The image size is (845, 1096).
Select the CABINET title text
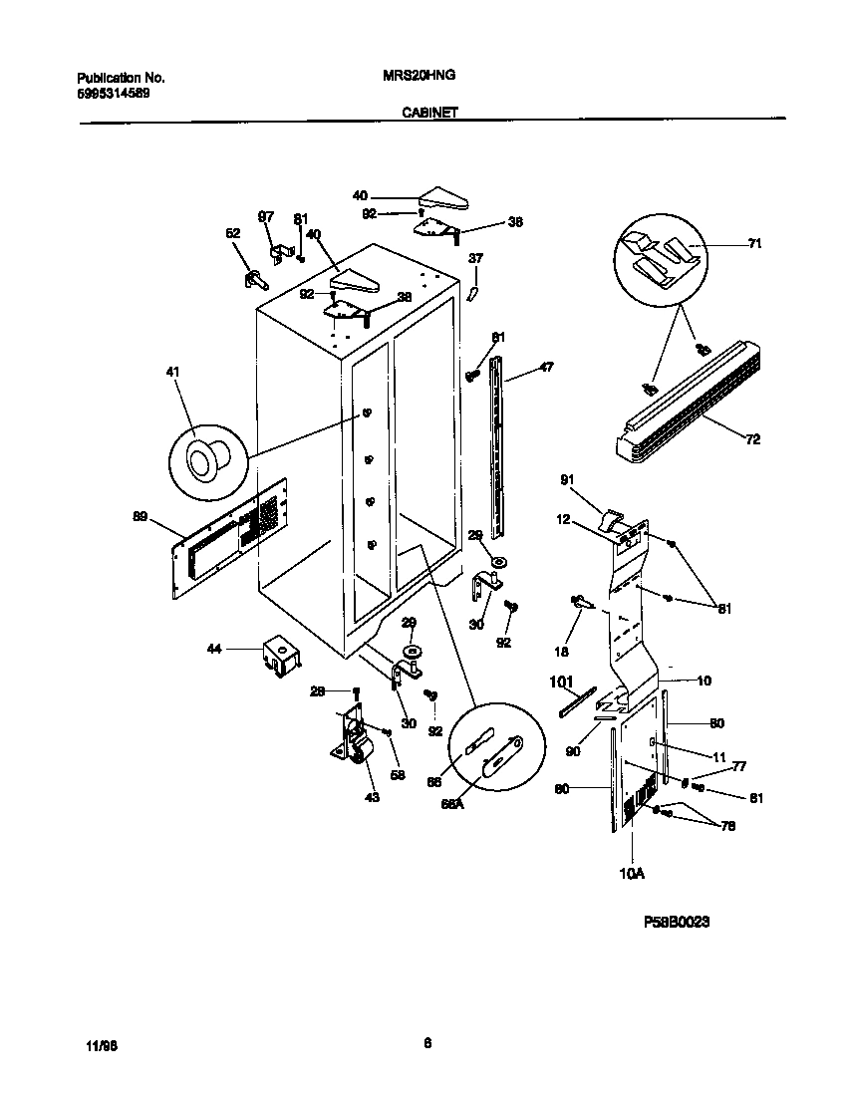(429, 114)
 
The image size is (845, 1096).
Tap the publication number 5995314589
(115, 94)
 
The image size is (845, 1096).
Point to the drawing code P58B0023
(677, 923)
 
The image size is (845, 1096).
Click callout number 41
(173, 372)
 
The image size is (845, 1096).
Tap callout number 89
(141, 516)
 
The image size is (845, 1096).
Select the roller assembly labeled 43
(352, 742)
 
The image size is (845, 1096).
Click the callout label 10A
(631, 874)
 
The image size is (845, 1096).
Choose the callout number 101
(563, 683)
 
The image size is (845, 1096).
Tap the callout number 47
(546, 368)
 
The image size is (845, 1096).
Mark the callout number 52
(232, 233)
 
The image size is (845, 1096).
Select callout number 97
(266, 216)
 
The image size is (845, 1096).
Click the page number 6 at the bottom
(427, 1043)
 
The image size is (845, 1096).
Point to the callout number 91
(568, 480)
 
